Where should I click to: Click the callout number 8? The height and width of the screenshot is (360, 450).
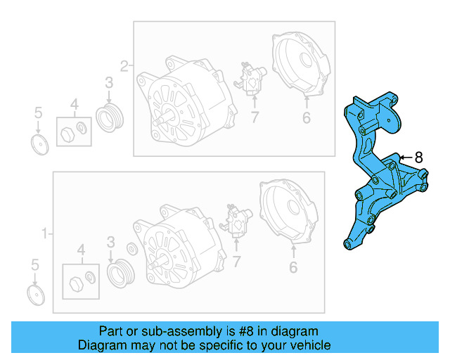pos(419,157)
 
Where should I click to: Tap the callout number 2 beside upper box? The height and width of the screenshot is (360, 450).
pos(124,67)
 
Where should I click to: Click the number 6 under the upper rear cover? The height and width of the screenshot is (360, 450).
pos(306,117)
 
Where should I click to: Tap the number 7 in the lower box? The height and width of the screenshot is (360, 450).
pos(237,262)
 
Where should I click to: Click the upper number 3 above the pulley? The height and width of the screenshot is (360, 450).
pos(109,84)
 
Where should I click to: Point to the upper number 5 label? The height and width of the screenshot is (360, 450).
pos(39,112)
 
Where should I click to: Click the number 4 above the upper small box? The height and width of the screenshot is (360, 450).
pos(75,106)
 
